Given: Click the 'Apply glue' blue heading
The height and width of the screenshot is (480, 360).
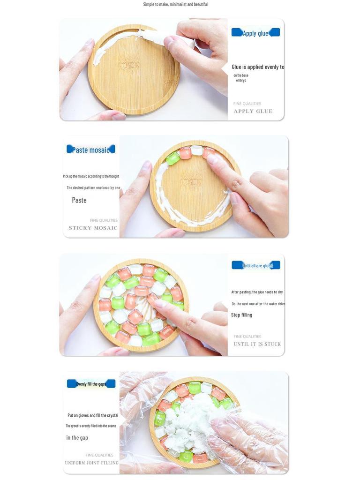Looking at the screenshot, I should click(x=255, y=33).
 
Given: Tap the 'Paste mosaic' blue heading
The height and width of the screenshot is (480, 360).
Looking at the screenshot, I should click(x=91, y=150).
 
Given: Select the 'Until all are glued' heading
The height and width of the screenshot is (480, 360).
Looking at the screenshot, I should click(x=257, y=266).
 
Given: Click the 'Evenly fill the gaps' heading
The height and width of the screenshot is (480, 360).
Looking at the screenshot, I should click(x=91, y=384).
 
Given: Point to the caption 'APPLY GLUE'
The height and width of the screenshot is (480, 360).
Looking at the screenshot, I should click(x=253, y=112).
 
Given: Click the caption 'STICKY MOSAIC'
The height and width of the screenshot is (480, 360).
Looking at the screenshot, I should click(x=93, y=228).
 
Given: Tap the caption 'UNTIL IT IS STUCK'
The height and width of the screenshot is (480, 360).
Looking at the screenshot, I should click(x=257, y=344).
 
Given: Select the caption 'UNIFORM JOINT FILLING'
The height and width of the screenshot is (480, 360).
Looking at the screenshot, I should click(x=92, y=463).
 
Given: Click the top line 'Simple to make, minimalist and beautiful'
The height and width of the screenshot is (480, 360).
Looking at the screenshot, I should click(x=175, y=4).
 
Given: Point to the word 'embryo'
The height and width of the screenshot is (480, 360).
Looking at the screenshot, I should click(x=241, y=81).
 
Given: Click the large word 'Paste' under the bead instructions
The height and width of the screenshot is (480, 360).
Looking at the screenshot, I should click(x=79, y=200).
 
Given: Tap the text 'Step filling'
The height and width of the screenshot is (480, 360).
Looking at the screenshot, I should click(x=241, y=315).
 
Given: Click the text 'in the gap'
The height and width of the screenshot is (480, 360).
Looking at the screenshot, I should click(x=77, y=438).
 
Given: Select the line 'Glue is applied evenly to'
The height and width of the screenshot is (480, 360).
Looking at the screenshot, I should click(x=258, y=67).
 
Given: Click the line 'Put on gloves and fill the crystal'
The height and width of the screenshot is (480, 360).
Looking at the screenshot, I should click(x=93, y=415).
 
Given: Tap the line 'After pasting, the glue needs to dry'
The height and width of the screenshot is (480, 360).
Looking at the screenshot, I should click(x=257, y=292).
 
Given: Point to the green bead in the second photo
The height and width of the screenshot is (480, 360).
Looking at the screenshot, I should click(x=172, y=158).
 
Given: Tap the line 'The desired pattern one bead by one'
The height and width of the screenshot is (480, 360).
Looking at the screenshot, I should click(x=93, y=188).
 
